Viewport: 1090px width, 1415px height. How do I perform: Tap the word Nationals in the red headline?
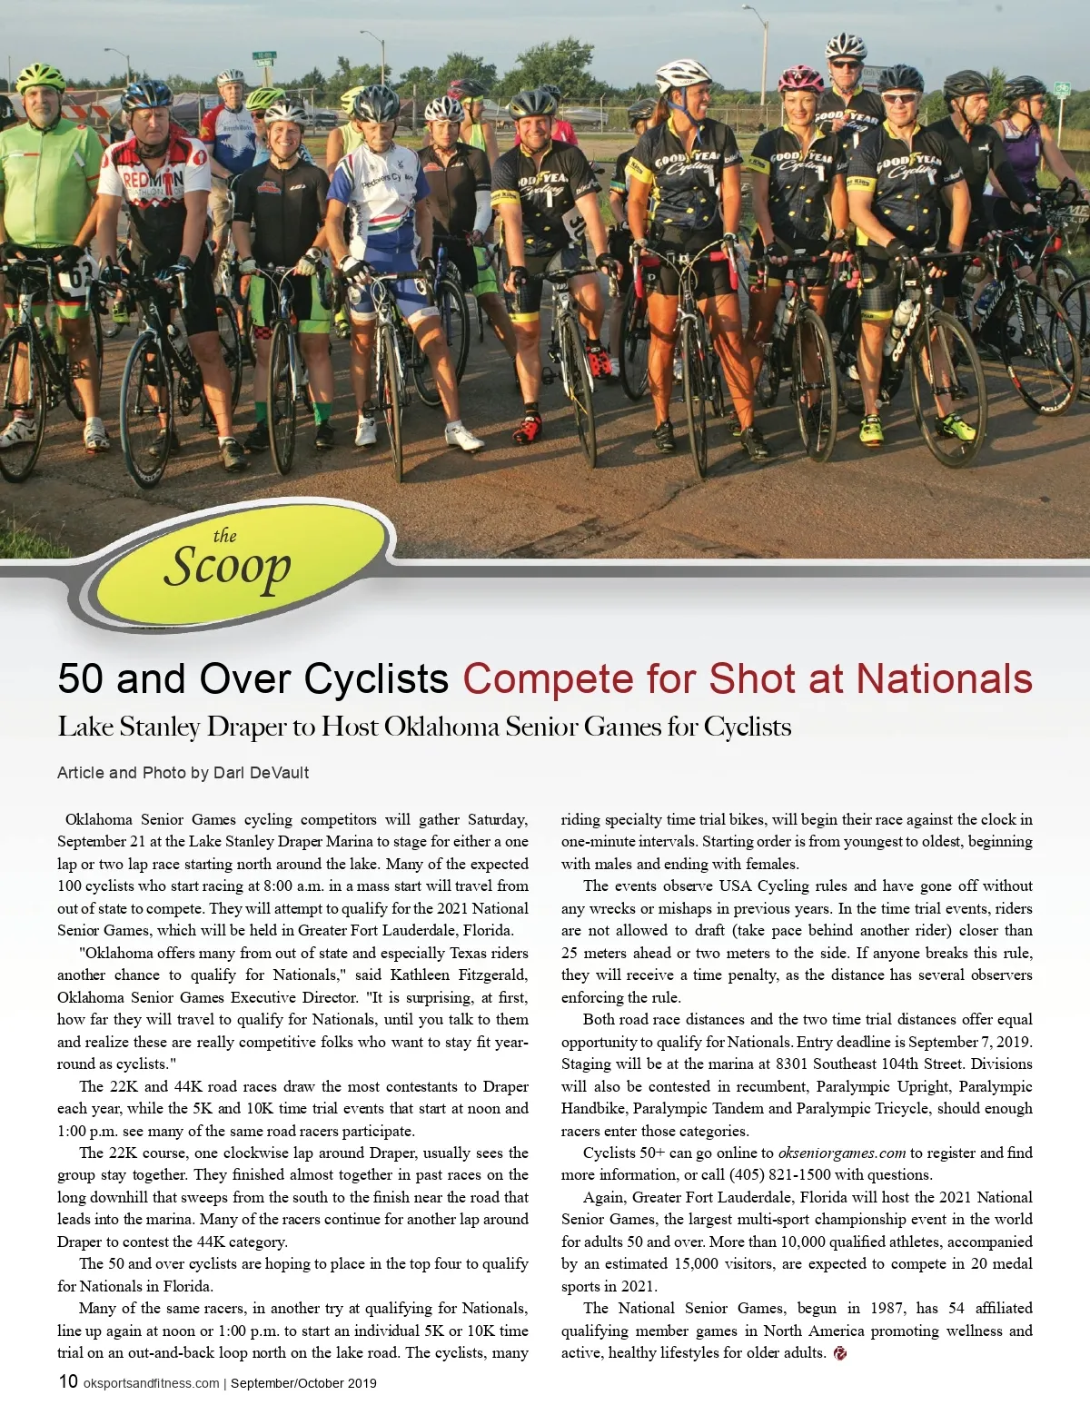[x=944, y=679]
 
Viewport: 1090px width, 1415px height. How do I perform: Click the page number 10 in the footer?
[x=68, y=1381]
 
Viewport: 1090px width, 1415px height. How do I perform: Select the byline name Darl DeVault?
[x=261, y=773]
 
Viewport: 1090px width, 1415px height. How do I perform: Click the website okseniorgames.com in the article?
[x=842, y=1153]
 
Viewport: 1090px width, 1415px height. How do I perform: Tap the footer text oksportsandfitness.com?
[x=151, y=1383]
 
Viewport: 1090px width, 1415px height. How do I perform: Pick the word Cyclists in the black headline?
[x=376, y=679]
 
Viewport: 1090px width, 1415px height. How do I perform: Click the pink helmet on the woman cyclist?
[x=800, y=77]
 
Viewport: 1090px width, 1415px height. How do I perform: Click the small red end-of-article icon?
[x=840, y=1353]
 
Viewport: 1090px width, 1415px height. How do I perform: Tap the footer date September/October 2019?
[x=303, y=1383]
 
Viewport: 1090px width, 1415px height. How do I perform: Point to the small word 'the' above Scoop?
[x=224, y=536]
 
